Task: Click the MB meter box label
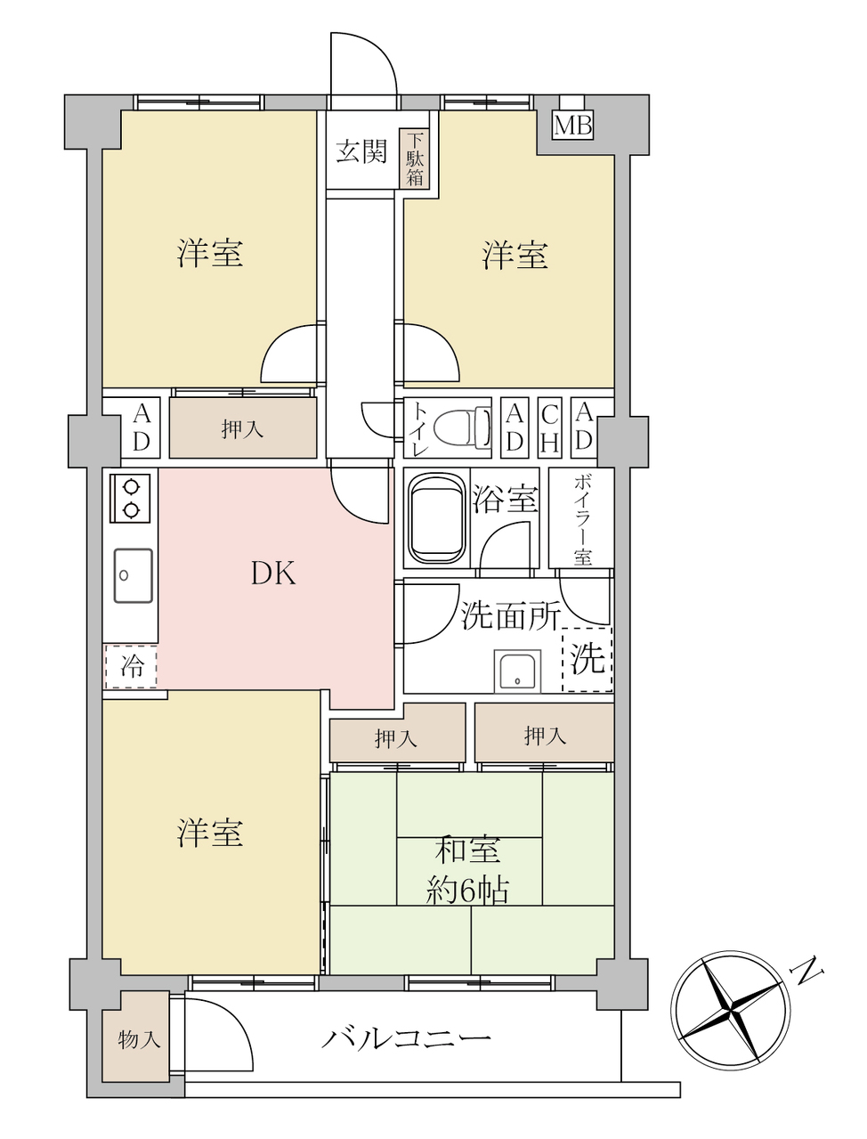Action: click(572, 126)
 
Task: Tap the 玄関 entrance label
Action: click(361, 152)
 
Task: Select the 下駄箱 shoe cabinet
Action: click(414, 159)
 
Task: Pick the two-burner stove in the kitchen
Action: click(131, 498)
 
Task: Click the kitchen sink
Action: click(133, 575)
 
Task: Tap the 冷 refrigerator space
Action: click(131, 667)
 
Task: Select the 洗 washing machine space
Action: click(587, 659)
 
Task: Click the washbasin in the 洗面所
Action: click(517, 671)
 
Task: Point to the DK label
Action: click(273, 574)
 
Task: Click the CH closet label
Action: click(549, 428)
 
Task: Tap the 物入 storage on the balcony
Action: click(136, 1039)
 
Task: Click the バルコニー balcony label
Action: click(407, 1039)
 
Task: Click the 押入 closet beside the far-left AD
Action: click(243, 428)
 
